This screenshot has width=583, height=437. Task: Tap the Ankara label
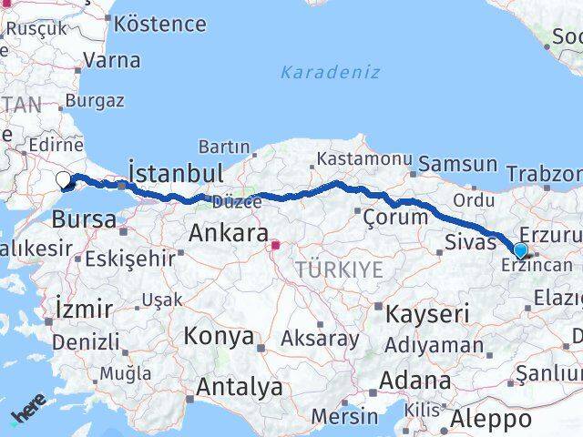228,233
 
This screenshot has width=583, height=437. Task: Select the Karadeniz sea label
330,72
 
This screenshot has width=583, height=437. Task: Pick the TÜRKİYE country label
338,269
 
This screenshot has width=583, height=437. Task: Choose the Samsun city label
459,165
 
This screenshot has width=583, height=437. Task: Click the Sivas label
470,241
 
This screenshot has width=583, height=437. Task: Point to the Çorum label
395,217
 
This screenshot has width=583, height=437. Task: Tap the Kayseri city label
427,315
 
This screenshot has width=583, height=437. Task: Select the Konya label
219,336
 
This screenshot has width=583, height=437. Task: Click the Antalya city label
240,387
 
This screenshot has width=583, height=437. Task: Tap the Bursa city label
84,219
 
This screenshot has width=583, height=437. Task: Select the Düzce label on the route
237,201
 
